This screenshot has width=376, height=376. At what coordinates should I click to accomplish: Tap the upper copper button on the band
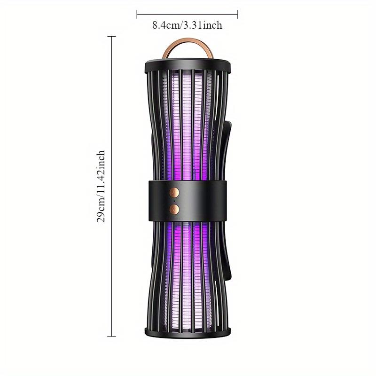(x=174, y=192)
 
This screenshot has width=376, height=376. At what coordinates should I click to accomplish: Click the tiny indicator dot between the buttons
(x=174, y=201)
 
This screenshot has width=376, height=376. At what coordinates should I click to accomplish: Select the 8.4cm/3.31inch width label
(x=187, y=25)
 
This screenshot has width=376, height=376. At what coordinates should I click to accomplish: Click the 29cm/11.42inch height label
(x=101, y=186)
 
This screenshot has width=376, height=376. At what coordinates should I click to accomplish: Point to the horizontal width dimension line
(x=187, y=15)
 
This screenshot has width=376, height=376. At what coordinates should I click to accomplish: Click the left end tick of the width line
(x=137, y=15)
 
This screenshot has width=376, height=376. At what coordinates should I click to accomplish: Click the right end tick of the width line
(x=237, y=15)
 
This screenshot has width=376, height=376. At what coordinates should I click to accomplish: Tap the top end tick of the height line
(x=112, y=37)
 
